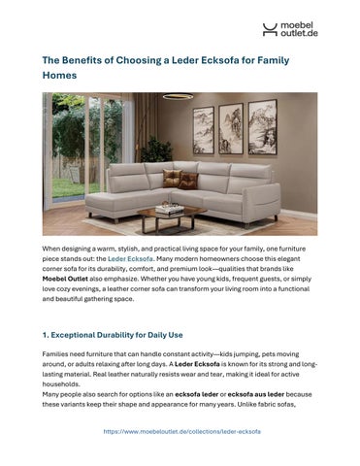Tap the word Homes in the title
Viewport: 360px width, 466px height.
tap(60, 75)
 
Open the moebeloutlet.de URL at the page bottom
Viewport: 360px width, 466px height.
tap(180, 430)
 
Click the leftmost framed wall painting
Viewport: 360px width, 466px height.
tap(204, 130)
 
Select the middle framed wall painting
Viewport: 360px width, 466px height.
tap(232, 128)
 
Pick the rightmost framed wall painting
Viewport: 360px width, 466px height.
tap(262, 126)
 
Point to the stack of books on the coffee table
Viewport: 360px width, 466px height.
tap(169, 207)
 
